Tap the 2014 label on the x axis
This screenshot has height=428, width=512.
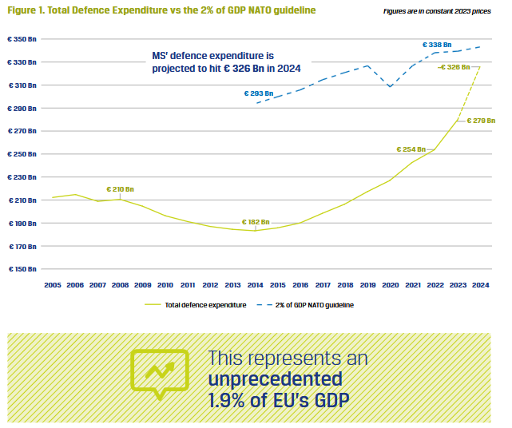[x=256, y=284]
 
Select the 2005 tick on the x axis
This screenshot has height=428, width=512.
[x=53, y=284]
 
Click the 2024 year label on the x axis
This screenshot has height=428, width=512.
[x=480, y=284]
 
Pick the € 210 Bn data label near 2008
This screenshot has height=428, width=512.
[x=120, y=189]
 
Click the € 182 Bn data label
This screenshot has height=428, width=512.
[x=256, y=221]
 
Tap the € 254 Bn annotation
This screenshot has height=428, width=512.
[x=411, y=149]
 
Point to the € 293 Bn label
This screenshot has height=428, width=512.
[x=259, y=93]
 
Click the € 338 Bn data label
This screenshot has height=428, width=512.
[x=438, y=45]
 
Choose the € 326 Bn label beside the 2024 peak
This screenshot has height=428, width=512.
[x=454, y=67]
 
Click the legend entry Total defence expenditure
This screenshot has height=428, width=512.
[x=196, y=305]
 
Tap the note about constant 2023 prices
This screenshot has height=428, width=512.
[x=449, y=10]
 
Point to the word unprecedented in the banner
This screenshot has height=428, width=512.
[x=275, y=378]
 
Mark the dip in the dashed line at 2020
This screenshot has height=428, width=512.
[x=390, y=86]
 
